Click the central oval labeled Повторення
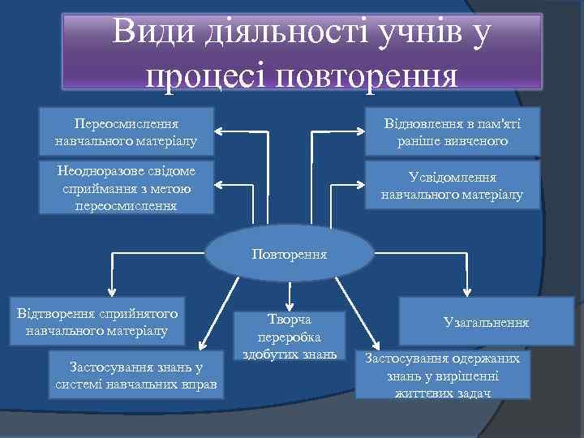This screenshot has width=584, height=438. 290,253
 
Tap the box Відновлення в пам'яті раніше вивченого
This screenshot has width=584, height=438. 453,131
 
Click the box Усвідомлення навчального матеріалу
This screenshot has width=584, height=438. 452,186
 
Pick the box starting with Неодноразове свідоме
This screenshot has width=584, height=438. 127,187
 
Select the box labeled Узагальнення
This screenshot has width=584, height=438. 486,322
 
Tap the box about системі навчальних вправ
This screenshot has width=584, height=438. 137,375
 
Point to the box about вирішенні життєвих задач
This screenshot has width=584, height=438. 443,375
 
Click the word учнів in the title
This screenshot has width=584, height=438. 416,32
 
